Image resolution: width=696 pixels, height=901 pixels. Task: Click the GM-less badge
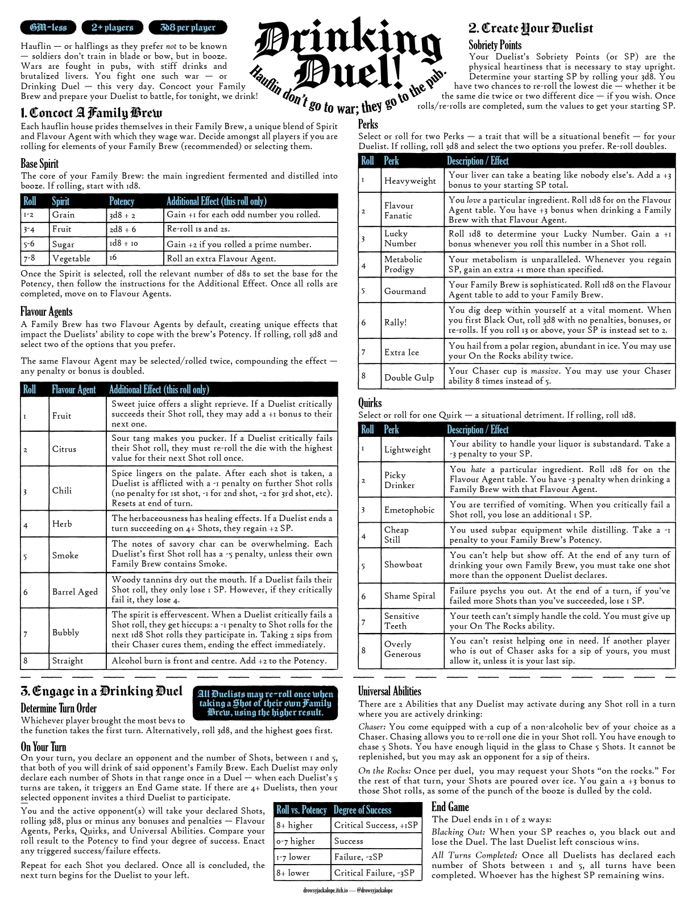tap(48, 27)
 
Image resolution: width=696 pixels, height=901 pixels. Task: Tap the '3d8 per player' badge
tap(188, 27)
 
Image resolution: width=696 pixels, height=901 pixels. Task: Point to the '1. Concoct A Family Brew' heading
tap(92, 113)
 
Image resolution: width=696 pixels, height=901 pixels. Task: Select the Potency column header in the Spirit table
tap(122, 201)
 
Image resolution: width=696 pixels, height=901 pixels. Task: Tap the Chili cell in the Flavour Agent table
tap(62, 490)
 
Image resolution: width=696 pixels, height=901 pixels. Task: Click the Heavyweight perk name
tap(410, 181)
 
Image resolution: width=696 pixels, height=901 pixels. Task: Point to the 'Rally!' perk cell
tap(396, 323)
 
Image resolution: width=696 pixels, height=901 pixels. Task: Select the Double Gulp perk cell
tap(409, 378)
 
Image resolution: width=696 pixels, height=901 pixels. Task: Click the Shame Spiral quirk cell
tap(409, 596)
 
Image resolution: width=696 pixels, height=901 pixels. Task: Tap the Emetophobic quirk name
tap(409, 510)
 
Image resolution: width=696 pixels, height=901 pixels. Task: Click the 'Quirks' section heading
tap(370, 402)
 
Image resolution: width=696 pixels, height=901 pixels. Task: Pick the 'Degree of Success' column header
tap(362, 809)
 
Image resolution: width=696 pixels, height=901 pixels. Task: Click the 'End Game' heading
tap(450, 807)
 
